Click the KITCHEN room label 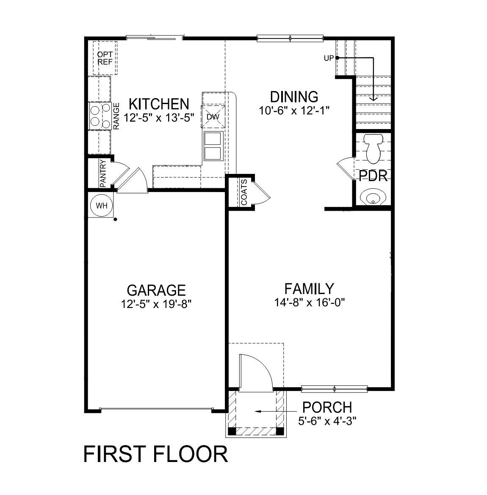159,104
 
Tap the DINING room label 294,97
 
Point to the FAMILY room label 309,289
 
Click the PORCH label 327,407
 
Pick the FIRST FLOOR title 155,454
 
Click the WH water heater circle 102,206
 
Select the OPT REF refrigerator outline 105,58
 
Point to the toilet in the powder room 374,148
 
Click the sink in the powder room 372,197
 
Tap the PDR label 373,176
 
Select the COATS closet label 244,192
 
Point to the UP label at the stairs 329,58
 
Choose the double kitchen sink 213,146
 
